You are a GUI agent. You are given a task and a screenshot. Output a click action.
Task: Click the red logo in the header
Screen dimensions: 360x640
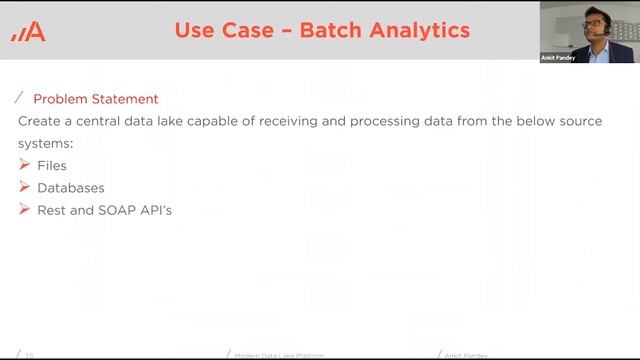tap(28, 32)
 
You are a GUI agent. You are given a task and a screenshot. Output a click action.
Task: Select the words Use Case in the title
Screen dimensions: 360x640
tap(221, 30)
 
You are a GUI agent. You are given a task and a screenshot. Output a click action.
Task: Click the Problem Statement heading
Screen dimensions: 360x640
tap(96, 99)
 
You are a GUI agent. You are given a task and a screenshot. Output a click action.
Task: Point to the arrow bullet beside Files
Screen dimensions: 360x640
tap(25, 164)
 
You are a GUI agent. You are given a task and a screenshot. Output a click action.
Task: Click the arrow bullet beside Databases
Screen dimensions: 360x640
tap(25, 187)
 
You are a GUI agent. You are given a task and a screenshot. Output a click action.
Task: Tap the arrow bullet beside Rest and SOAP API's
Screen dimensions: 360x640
tap(25, 209)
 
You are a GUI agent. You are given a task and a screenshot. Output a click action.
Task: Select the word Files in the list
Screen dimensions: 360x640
tap(52, 165)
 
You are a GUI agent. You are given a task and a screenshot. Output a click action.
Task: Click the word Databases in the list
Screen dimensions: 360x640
tap(71, 187)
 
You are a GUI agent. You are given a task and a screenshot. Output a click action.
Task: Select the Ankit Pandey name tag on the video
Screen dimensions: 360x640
tap(558, 58)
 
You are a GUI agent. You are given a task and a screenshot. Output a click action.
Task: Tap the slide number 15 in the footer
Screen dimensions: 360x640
tap(29, 355)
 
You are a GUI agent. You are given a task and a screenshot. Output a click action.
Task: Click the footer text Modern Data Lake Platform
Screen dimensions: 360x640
tap(279, 355)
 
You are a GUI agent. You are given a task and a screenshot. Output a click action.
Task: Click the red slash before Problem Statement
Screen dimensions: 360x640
tap(20, 98)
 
